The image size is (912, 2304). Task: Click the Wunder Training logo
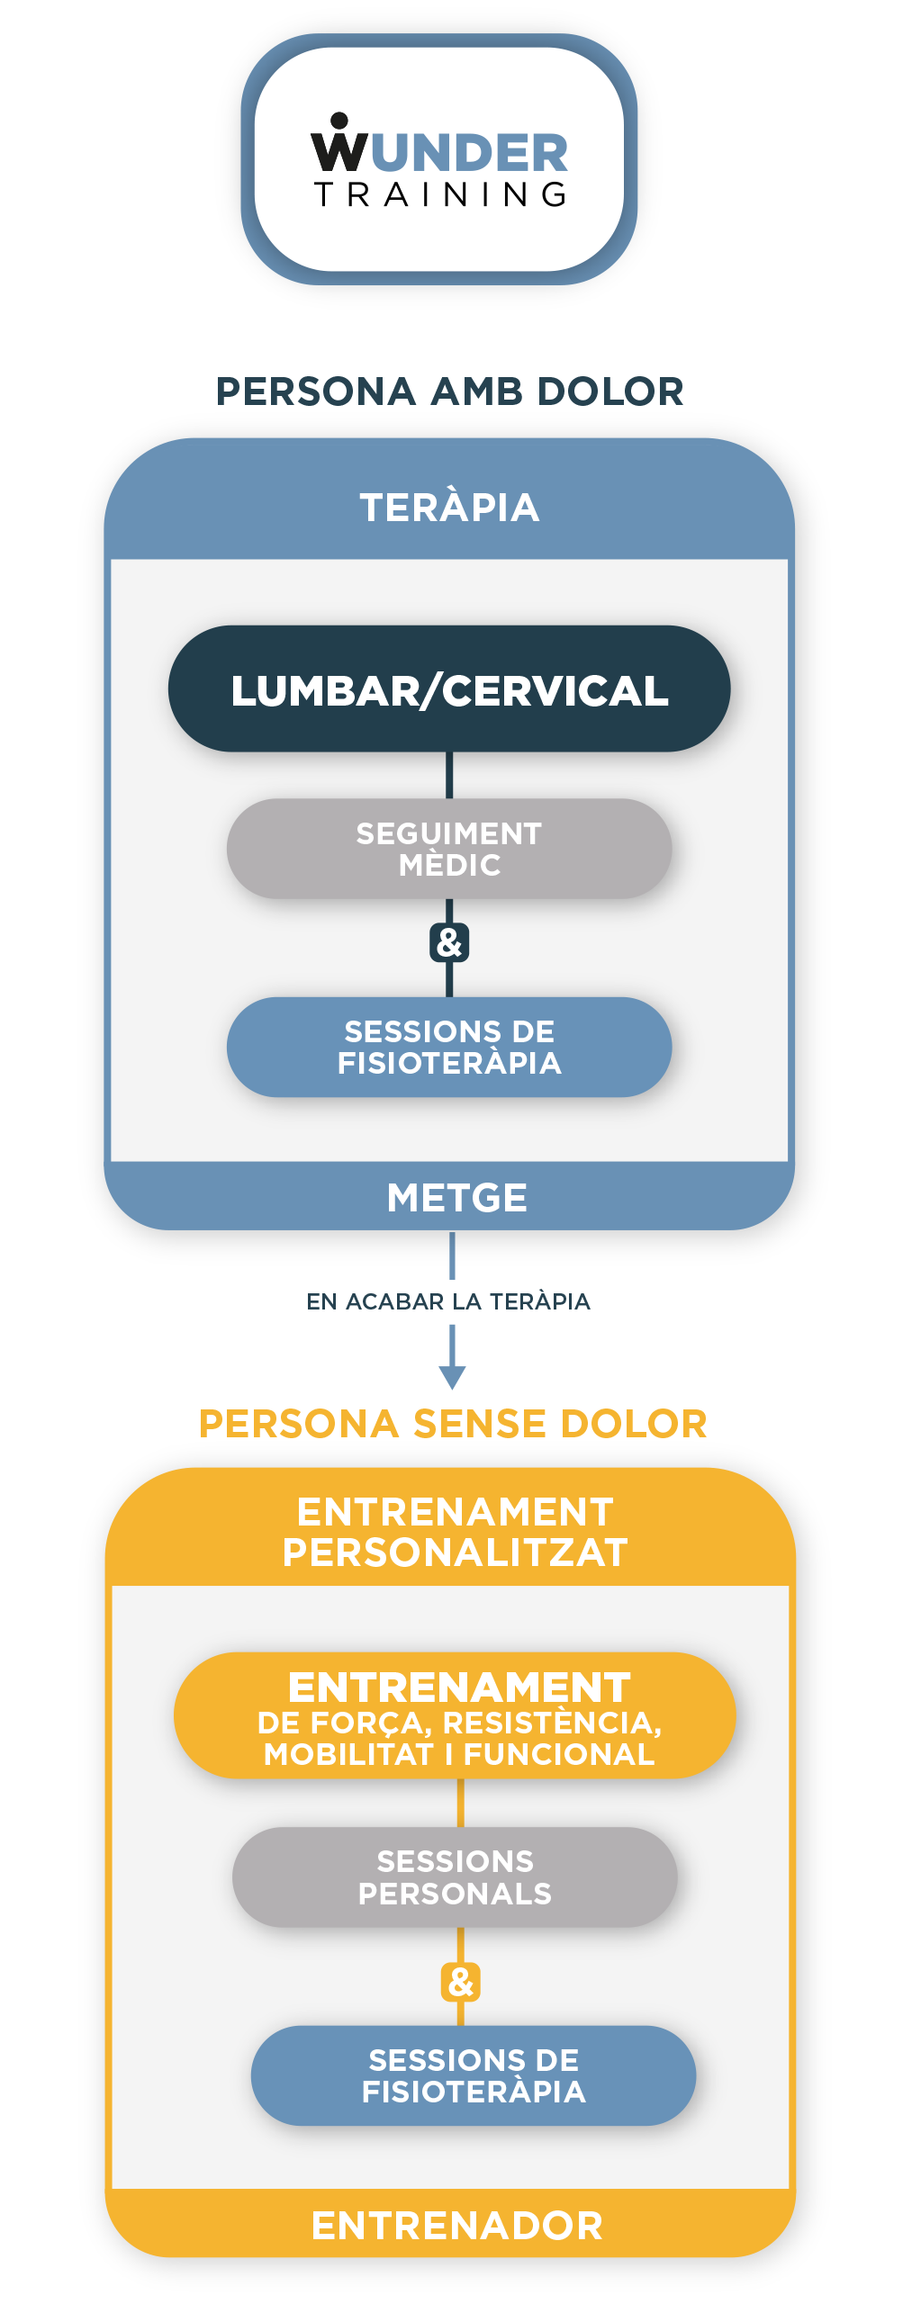click(439, 160)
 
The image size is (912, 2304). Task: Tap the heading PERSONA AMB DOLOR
click(450, 391)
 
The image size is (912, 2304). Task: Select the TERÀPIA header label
click(449, 508)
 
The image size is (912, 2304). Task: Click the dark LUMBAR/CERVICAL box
click(449, 689)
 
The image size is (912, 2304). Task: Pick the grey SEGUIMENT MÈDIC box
click(449, 849)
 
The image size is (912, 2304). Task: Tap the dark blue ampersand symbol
click(449, 943)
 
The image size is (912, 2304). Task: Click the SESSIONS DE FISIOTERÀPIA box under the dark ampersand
click(449, 1047)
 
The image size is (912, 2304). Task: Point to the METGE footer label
click(456, 1197)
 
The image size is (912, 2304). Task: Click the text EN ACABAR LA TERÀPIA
click(448, 1301)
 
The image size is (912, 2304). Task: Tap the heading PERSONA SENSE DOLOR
click(453, 1424)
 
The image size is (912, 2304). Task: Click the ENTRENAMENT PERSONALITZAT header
click(455, 1532)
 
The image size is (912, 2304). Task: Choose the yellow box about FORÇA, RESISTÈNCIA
click(456, 1715)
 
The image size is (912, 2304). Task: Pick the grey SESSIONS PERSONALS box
click(455, 1876)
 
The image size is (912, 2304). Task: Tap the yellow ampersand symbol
click(460, 1982)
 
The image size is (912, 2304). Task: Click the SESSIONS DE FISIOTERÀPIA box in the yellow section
click(474, 2075)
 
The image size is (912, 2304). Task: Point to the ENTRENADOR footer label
click(456, 2225)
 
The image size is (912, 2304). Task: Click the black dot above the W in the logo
click(339, 121)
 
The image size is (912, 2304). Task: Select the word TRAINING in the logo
click(440, 194)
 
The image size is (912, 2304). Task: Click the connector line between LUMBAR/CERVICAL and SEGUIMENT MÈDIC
click(449, 775)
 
